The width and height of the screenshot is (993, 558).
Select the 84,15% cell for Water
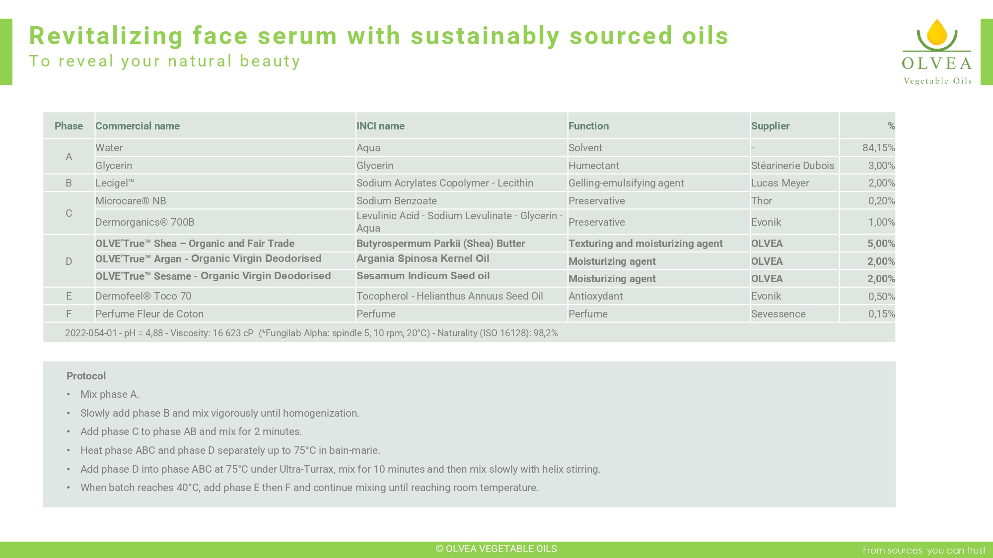click(878, 148)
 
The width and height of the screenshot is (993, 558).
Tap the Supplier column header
click(770, 126)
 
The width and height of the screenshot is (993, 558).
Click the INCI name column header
click(380, 126)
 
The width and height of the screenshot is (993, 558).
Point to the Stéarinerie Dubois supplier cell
click(792, 166)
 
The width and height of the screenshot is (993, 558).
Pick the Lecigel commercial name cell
click(115, 183)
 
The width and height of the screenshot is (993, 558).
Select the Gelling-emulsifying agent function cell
click(626, 183)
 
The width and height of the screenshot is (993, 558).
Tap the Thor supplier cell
click(762, 201)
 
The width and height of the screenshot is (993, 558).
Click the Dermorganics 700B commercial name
click(145, 222)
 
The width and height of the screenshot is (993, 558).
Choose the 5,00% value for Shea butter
click(881, 244)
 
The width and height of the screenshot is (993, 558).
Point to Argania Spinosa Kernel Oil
click(423, 258)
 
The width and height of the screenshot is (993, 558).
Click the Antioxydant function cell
click(595, 296)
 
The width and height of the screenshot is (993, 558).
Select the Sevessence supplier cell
click(778, 314)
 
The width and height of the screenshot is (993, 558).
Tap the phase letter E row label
click(69, 296)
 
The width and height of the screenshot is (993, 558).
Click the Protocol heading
click(86, 376)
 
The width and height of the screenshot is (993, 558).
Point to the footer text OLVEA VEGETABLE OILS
click(496, 549)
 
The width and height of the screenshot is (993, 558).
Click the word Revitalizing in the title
click(106, 36)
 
